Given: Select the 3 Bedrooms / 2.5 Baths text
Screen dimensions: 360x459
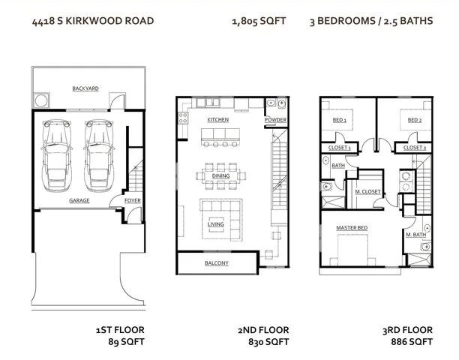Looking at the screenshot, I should [x=370, y=21].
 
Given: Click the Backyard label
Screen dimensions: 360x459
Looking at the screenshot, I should [x=85, y=88].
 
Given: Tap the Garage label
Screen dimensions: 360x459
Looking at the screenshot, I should [x=79, y=201].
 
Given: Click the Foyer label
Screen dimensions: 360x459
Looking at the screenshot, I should [x=132, y=201].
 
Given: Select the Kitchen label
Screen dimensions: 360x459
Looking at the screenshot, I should [x=218, y=120].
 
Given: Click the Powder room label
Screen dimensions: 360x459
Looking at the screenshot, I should [x=275, y=120].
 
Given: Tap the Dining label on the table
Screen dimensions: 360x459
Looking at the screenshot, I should [x=220, y=176].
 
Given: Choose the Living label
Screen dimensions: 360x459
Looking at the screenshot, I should [x=216, y=223].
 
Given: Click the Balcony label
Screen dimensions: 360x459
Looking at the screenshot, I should [x=217, y=263].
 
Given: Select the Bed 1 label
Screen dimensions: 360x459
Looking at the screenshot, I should [x=339, y=120].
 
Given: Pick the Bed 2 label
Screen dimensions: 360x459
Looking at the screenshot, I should [x=414, y=120].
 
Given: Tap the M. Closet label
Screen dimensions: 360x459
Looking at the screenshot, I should [x=367, y=192].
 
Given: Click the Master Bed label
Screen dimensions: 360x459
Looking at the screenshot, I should [x=351, y=227].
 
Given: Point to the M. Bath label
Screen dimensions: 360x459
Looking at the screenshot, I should [x=415, y=235].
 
